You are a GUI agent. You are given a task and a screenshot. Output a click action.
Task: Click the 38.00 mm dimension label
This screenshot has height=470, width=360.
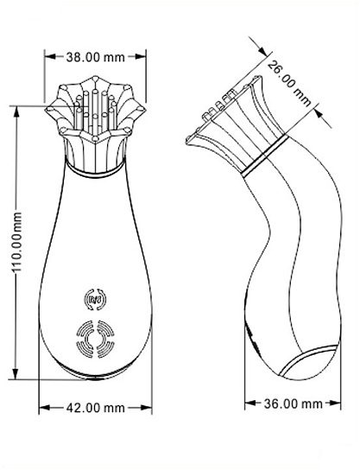pyautogui.click(x=95, y=57)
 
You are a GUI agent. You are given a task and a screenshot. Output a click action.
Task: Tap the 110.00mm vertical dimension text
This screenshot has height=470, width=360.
pyautogui.click(x=17, y=242)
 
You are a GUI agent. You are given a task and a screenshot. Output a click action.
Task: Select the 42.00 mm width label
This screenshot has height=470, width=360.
pyautogui.click(x=95, y=408)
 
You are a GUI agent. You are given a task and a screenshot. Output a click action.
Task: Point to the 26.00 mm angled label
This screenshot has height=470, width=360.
pyautogui.click(x=289, y=83)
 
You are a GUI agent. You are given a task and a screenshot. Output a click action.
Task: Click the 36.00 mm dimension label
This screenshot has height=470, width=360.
pyautogui.click(x=294, y=403)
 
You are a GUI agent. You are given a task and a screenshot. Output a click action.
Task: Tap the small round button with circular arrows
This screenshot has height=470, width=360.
pyautogui.click(x=95, y=299)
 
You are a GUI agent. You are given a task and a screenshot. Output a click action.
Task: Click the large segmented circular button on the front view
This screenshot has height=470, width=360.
pyautogui.click(x=95, y=339)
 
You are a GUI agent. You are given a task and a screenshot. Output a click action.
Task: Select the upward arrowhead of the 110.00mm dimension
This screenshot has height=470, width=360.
pyautogui.click(x=16, y=111)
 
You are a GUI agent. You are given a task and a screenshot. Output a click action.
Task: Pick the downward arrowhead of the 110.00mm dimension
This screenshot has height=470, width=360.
pyautogui.click(x=16, y=373)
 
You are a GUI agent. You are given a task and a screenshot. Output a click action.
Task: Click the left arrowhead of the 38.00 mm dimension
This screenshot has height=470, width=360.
pyautogui.click(x=50, y=56)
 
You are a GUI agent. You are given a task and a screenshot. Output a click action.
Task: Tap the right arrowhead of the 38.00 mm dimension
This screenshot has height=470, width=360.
pyautogui.click(x=140, y=56)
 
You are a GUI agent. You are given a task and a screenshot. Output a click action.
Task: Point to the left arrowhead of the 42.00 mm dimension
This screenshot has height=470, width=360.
pyautogui.click(x=45, y=408)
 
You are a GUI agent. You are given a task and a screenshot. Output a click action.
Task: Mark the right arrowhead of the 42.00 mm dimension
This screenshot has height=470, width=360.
pyautogui.click(x=146, y=408)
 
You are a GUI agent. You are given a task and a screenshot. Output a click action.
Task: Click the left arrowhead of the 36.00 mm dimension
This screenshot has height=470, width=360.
pyautogui.click(x=250, y=403)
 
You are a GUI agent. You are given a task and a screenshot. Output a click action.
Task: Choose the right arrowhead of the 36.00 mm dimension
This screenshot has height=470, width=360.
pyautogui.click(x=335, y=403)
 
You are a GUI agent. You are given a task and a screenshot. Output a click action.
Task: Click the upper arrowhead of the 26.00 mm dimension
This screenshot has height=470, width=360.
pyautogui.click(x=261, y=49)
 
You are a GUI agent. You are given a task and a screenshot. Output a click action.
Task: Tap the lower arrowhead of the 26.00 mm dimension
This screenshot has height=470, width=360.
pyautogui.click(x=320, y=115)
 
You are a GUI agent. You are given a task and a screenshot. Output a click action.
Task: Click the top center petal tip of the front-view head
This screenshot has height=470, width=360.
pyautogui.click(x=95, y=79)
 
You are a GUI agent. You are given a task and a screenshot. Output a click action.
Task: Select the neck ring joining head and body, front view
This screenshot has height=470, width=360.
pyautogui.click(x=95, y=172)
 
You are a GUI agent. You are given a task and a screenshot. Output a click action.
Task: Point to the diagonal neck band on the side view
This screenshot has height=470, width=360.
pyautogui.click(x=265, y=156)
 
